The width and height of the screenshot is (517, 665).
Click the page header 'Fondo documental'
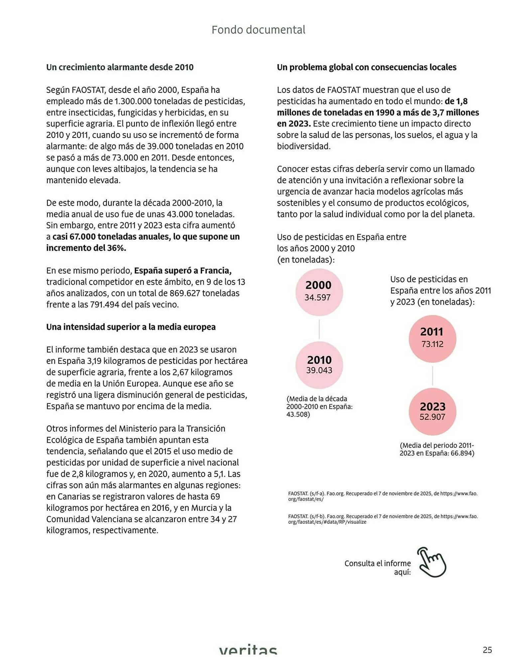pos(258,30)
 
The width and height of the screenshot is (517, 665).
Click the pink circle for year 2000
pos(319,292)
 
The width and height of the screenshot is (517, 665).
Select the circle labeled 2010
pos(319,365)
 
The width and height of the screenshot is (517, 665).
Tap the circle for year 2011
pos(432,338)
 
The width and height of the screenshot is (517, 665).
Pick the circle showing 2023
pos(432,412)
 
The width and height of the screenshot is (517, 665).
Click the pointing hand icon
pos(432,562)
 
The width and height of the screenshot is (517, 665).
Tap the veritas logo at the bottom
pos(248,649)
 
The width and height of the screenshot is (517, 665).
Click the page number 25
pos(487,650)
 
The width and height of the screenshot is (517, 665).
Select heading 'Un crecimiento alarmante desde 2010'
pos(120,67)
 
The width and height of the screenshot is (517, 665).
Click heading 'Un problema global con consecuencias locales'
pos(366,67)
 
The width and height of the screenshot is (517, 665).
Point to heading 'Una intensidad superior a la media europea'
pos(131,327)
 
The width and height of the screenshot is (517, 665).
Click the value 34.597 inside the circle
pos(318,297)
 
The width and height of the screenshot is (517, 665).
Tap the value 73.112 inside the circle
pos(432,344)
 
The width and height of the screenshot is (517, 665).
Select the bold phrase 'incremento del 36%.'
pos(86,248)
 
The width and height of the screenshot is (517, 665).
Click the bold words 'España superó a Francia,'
pos(183,271)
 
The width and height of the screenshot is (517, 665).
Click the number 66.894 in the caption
pos(462,453)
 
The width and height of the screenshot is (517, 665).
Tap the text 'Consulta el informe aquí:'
pos(377,567)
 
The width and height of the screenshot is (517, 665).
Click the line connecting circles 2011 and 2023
pos(432,375)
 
